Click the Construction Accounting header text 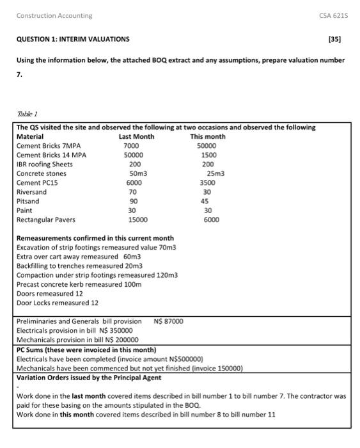pyautogui.click(x=54, y=15)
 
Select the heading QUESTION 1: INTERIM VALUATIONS pyautogui.click(x=72, y=39)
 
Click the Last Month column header pyautogui.click(x=136, y=136)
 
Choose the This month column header pyautogui.click(x=207, y=136)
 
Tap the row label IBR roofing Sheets pyautogui.click(x=44, y=164)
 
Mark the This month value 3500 pyautogui.click(x=208, y=182)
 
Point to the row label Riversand pyautogui.click(x=31, y=192)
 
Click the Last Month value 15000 pyautogui.click(x=138, y=220)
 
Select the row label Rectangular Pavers pyautogui.click(x=45, y=220)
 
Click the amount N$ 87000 pyautogui.click(x=168, y=321)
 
